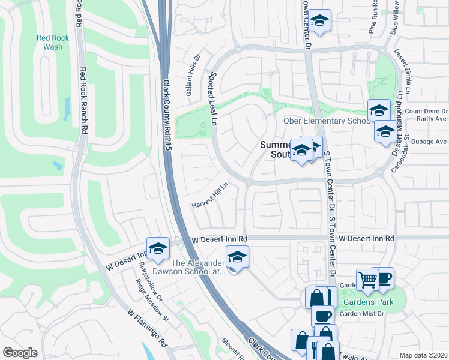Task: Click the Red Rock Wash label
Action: coord(53,42)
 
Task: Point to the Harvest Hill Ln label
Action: coord(210,196)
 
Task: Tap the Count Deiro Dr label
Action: coord(426,111)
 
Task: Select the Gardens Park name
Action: coord(368,302)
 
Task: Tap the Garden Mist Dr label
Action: coord(362,314)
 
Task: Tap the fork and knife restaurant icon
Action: coord(316,348)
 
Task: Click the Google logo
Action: coord(20,353)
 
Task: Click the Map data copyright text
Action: coord(423,355)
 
